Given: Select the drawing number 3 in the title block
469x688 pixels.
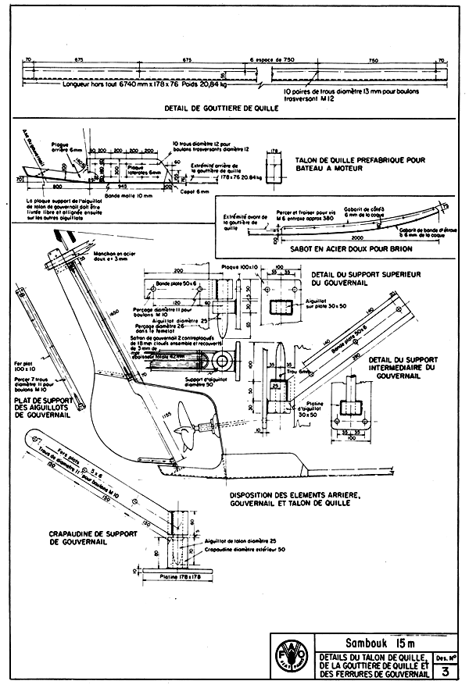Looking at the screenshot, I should pos(444,671).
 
